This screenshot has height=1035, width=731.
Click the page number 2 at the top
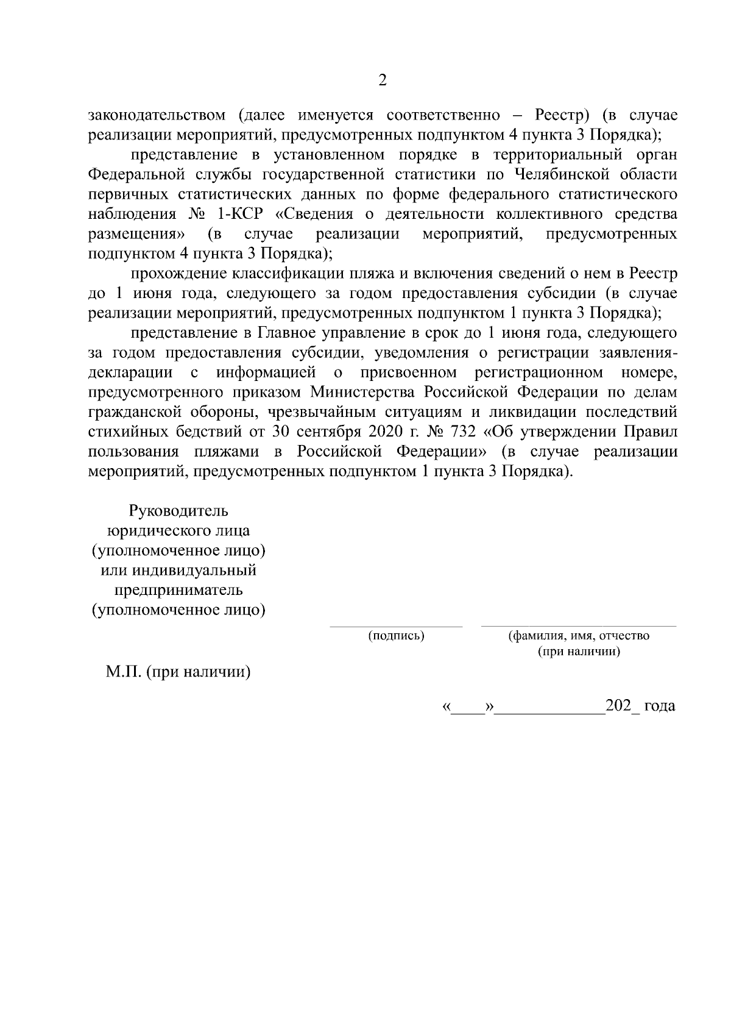pyautogui.click(x=383, y=80)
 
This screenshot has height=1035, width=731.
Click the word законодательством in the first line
pyautogui.click(x=157, y=115)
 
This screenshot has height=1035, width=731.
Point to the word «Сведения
pyautogui.click(x=318, y=214)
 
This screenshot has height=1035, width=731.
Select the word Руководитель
pyautogui.click(x=178, y=511)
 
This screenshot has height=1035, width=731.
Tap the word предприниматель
pyautogui.click(x=178, y=590)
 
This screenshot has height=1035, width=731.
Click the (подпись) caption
pyautogui.click(x=396, y=636)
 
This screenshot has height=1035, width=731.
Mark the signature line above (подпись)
pyautogui.click(x=396, y=625)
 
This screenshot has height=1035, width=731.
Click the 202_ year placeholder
pyautogui.click(x=620, y=706)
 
